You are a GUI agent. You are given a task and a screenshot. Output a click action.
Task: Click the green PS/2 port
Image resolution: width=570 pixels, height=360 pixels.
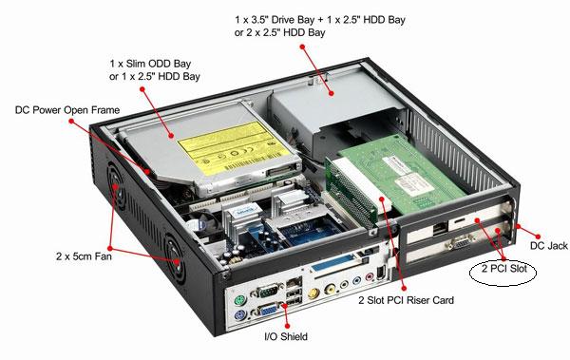coord(238,300)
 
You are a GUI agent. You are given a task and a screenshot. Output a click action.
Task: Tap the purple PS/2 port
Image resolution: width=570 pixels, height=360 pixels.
coord(238,315)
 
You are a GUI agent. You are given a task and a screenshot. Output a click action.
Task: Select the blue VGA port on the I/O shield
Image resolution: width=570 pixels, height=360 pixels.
coord(268,311)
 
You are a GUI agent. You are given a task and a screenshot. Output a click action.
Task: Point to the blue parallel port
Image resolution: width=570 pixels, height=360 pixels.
coord(332,262)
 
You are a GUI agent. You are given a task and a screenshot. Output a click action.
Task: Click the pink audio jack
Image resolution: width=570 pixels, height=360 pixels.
coord(370,277)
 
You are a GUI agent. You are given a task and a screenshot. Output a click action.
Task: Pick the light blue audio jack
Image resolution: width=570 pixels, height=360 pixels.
coord(357,281)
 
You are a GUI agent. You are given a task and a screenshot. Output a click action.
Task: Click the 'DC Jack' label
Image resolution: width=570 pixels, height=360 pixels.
coord(548,246)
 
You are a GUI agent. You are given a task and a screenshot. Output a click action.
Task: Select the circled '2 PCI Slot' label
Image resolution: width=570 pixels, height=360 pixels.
coord(503,269)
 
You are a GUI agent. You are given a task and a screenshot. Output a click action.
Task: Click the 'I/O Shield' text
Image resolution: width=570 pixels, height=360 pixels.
coord(286,336)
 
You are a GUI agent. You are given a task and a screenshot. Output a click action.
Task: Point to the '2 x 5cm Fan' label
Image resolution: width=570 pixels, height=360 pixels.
coord(84,256)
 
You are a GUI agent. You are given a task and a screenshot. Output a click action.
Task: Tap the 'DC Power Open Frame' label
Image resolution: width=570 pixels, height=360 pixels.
coord(67,110)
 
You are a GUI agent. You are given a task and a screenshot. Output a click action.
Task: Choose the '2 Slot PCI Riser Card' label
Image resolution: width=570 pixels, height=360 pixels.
coord(406,300)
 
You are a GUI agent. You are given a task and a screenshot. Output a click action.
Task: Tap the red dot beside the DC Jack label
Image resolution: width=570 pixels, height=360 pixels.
coord(538,237)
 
